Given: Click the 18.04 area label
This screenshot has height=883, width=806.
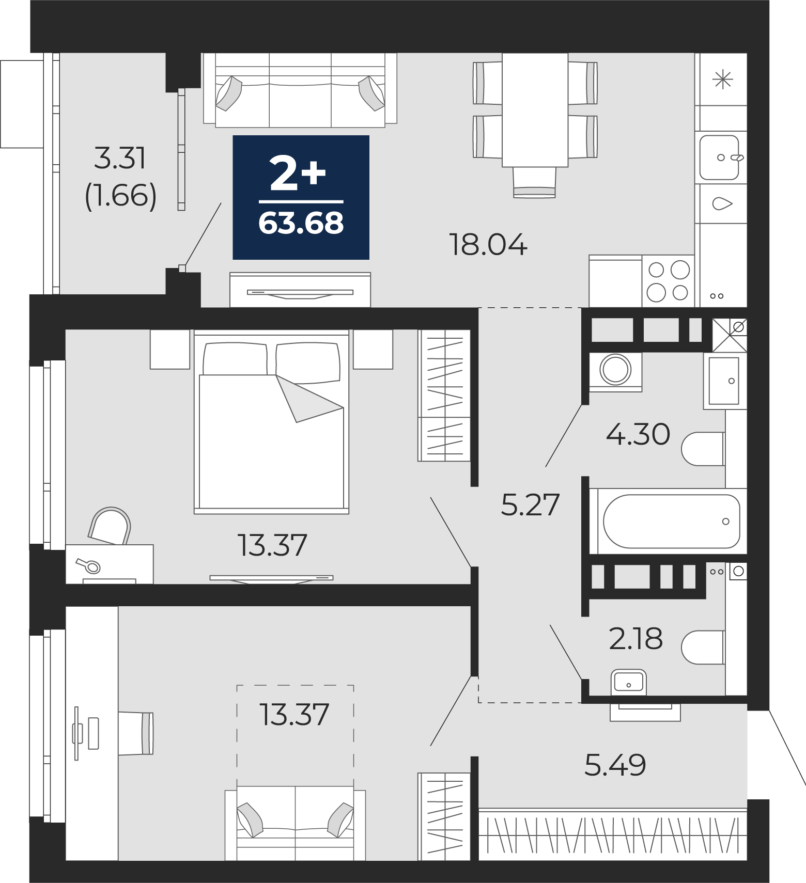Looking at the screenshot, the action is pyautogui.click(x=488, y=245).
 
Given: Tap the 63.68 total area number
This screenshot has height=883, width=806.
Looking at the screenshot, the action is pyautogui.click(x=301, y=224).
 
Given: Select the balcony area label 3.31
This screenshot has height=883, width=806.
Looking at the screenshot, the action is pyautogui.click(x=120, y=158).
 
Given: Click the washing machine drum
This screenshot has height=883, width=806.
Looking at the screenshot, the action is pyautogui.click(x=615, y=370).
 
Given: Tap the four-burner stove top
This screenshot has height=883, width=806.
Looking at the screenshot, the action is pyautogui.click(x=669, y=281).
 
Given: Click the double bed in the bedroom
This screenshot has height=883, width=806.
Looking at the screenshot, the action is pyautogui.click(x=271, y=421).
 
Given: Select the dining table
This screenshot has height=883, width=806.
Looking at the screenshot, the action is pyautogui.click(x=535, y=110).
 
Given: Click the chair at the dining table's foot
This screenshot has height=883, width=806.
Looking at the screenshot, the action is pyautogui.click(x=534, y=182).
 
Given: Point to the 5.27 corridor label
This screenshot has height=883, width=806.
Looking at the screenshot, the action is pyautogui.click(x=530, y=505).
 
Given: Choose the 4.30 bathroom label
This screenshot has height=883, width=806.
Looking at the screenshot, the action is pyautogui.click(x=638, y=434).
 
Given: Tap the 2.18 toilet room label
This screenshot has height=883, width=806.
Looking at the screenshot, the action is pyautogui.click(x=636, y=639).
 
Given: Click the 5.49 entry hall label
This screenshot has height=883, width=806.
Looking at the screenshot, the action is pyautogui.click(x=615, y=765).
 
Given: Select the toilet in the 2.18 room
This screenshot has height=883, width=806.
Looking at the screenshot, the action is pyautogui.click(x=703, y=647).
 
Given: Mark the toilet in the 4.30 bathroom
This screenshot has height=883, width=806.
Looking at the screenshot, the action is pyautogui.click(x=703, y=449).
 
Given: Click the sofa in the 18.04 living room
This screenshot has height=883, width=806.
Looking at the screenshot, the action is pyautogui.click(x=300, y=90).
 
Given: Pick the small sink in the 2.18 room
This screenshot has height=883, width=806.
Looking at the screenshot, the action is pyautogui.click(x=629, y=682).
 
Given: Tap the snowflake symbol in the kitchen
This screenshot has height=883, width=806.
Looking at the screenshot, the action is pyautogui.click(x=722, y=80).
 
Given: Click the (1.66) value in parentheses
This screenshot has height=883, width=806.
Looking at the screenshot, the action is pyautogui.click(x=120, y=196).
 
